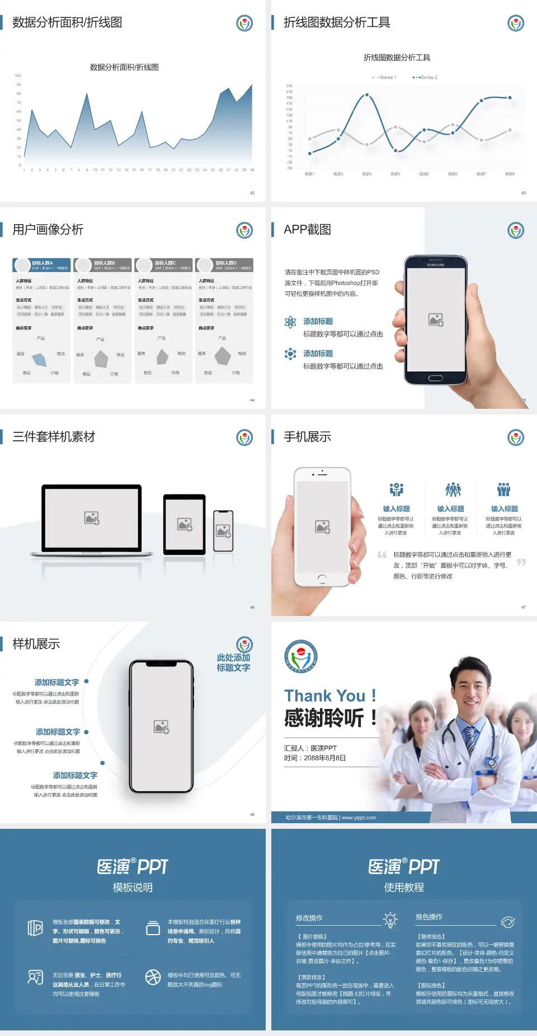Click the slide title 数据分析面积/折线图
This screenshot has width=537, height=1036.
[67, 22]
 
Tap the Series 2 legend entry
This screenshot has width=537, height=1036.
[426, 77]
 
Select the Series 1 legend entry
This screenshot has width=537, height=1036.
[385, 77]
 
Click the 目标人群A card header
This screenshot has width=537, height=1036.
[42, 265]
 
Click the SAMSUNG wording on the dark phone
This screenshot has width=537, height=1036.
[436, 265]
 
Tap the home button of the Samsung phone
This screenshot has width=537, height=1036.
[435, 378]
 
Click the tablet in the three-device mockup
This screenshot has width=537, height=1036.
[185, 524]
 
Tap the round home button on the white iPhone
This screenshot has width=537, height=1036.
[322, 578]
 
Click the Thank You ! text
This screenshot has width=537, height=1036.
[330, 696]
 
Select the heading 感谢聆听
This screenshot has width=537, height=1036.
[330, 718]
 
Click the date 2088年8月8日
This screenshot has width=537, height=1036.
[325, 758]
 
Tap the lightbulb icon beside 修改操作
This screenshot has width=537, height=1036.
[390, 920]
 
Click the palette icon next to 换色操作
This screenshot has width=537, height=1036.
[507, 922]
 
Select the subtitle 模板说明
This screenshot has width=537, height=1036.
[133, 888]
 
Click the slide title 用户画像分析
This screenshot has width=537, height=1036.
[48, 230]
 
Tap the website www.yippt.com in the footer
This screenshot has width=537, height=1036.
[359, 818]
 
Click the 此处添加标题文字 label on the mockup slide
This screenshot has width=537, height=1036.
[233, 662]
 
